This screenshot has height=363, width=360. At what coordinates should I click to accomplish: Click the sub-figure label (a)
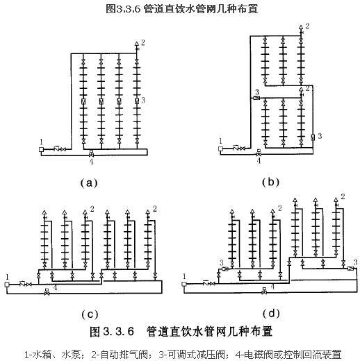[x=89, y=183]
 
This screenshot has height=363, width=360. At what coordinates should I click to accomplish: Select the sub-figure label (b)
[x=270, y=183]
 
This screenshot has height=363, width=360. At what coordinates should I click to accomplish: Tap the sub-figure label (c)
[x=90, y=314]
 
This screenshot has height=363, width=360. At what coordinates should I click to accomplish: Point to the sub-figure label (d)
[x=271, y=314]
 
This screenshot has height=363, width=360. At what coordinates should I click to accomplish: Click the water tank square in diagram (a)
[x=41, y=149]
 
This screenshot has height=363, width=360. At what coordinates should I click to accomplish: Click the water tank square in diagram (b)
[x=220, y=149]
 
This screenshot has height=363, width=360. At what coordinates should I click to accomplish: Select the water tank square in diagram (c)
[x=7, y=285]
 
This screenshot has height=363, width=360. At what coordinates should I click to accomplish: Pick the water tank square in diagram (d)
[x=184, y=284]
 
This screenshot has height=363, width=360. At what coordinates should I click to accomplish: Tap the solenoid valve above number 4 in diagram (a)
[x=91, y=153]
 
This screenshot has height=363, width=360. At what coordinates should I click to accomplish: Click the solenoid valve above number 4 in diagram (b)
[x=259, y=153]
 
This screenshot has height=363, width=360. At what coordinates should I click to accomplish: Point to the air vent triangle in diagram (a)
[x=136, y=44]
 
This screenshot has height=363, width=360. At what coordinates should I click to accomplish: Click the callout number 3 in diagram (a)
[x=143, y=100]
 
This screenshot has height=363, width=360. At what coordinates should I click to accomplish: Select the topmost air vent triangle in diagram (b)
[x=301, y=27]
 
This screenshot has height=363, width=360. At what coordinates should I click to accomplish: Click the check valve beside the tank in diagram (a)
[x=57, y=149]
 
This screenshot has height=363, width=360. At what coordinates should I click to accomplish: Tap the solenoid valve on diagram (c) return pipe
[x=47, y=292]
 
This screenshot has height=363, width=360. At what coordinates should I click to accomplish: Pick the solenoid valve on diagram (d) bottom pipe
[x=264, y=291]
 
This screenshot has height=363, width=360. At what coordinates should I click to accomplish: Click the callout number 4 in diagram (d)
[x=273, y=287]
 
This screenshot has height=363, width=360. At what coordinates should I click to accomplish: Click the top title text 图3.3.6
[x=123, y=9]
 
